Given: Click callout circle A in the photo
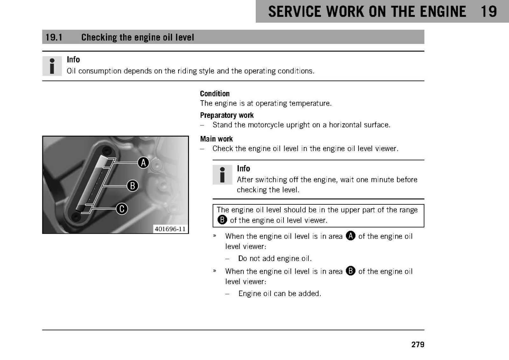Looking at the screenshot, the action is [143, 163].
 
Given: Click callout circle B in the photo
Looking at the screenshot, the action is [132, 186].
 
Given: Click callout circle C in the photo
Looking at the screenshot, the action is [122, 209].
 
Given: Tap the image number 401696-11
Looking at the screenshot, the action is [170, 229].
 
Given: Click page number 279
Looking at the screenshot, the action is [418, 344].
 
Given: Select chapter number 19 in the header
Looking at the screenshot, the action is [489, 11].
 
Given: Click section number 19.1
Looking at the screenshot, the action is [54, 37].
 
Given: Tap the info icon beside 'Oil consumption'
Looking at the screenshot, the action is [52, 66].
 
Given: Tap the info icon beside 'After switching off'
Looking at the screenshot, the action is [222, 175].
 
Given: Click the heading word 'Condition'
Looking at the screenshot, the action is [215, 94].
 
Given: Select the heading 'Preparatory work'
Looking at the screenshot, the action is [227, 115].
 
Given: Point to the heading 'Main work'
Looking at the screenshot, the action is [216, 139].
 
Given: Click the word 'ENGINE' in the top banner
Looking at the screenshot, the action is [443, 11].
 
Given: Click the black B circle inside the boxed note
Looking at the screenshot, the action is [222, 220].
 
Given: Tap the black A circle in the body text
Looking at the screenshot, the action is [351, 236].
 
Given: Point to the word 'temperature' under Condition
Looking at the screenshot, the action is [310, 104].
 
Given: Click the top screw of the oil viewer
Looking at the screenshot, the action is [107, 150].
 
